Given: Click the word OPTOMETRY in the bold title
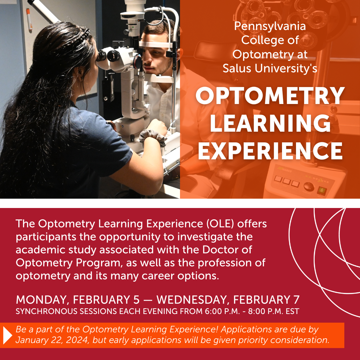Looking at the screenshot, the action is click(x=270, y=96).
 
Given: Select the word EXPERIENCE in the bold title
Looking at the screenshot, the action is click(x=270, y=151).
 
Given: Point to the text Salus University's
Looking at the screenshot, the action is click(x=270, y=68).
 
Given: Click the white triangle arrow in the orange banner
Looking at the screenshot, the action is click(x=8, y=335).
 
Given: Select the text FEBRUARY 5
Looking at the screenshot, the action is click(x=106, y=300).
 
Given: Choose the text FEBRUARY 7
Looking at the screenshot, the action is click(x=266, y=300).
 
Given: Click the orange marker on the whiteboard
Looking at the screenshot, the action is click(x=29, y=19).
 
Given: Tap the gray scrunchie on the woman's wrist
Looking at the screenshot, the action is click(x=152, y=137).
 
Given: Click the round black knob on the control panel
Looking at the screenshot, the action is click(x=309, y=187).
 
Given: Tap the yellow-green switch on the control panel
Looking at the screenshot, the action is click(x=322, y=191).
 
